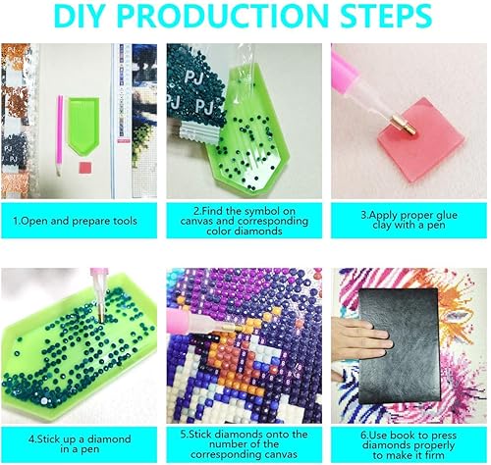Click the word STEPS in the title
tap(386, 16)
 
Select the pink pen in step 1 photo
tap(60, 135)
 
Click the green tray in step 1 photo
tap(83, 126)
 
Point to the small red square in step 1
tap(84, 168)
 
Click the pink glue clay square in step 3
tap(421, 140)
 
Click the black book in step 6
tap(400, 346)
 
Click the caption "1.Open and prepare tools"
tap(75, 221)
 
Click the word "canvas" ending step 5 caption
tap(277, 454)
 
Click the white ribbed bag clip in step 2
tap(198, 132)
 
